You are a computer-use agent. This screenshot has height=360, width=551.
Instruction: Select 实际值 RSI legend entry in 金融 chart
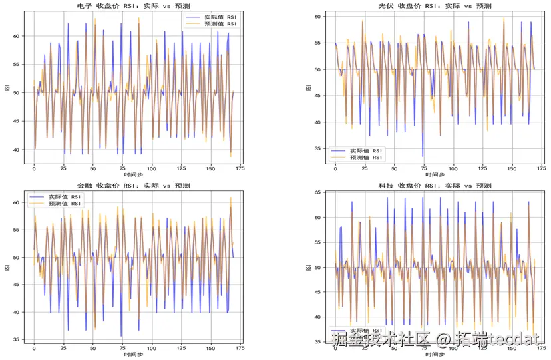click(x=64, y=197)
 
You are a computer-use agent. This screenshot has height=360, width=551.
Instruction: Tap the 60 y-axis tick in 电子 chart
click(x=18, y=36)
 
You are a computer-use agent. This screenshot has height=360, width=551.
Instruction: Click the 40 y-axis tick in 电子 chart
click(x=18, y=150)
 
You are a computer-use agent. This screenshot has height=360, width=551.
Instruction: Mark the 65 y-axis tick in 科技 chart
click(x=318, y=192)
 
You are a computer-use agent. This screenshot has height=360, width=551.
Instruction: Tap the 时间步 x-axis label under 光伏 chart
click(x=433, y=175)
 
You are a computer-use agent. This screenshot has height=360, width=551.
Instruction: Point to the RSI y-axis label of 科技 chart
click(x=307, y=268)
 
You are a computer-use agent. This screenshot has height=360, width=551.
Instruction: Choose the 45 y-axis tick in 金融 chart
click(x=18, y=285)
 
